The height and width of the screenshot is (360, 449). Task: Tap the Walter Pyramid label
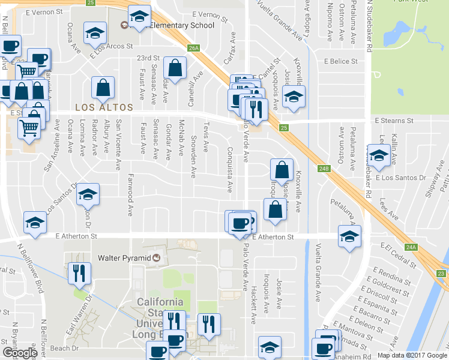(125, 258)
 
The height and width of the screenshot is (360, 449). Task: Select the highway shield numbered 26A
(193, 47)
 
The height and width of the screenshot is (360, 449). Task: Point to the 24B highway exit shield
(324, 169)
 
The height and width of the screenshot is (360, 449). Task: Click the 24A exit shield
(411, 247)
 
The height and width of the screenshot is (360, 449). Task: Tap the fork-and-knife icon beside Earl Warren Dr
(79, 274)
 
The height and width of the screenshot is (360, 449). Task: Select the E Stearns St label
(394, 121)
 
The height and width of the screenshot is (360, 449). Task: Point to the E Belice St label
(340, 61)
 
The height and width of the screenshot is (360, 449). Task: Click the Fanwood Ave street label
(130, 195)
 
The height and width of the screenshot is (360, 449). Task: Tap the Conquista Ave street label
(229, 169)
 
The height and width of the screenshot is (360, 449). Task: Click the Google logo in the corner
(20, 353)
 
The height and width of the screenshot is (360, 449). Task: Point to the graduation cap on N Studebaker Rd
(379, 157)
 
